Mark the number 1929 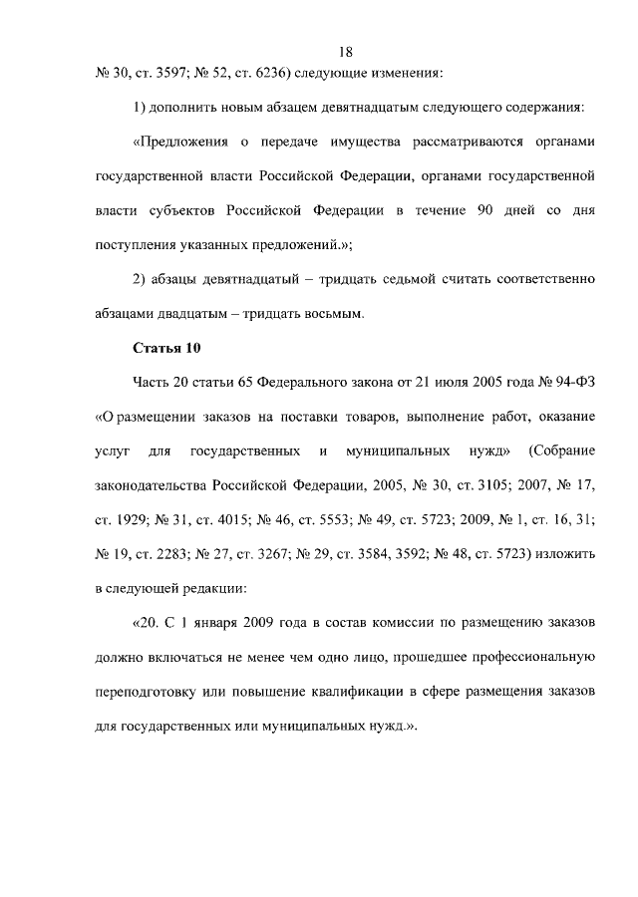(x=132, y=519)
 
